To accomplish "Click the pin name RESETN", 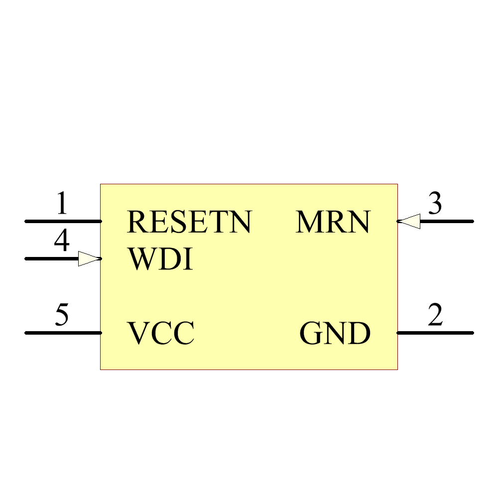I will coord(189,222).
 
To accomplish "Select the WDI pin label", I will coord(160,260).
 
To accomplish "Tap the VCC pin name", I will coord(160,334).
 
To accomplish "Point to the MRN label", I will coord(333,222).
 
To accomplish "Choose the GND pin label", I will coord(335,334).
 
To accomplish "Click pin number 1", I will coord(61,204).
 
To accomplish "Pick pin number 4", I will coord(61,242).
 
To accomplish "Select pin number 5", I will coord(61,315).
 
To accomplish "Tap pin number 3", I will coord(435,204).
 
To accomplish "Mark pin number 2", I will coord(435,315).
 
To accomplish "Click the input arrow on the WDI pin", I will coord(90,258).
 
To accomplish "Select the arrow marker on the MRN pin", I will coord(409,221).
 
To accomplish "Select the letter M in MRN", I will coord(308,222).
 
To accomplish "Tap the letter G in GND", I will coord(311,334).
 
